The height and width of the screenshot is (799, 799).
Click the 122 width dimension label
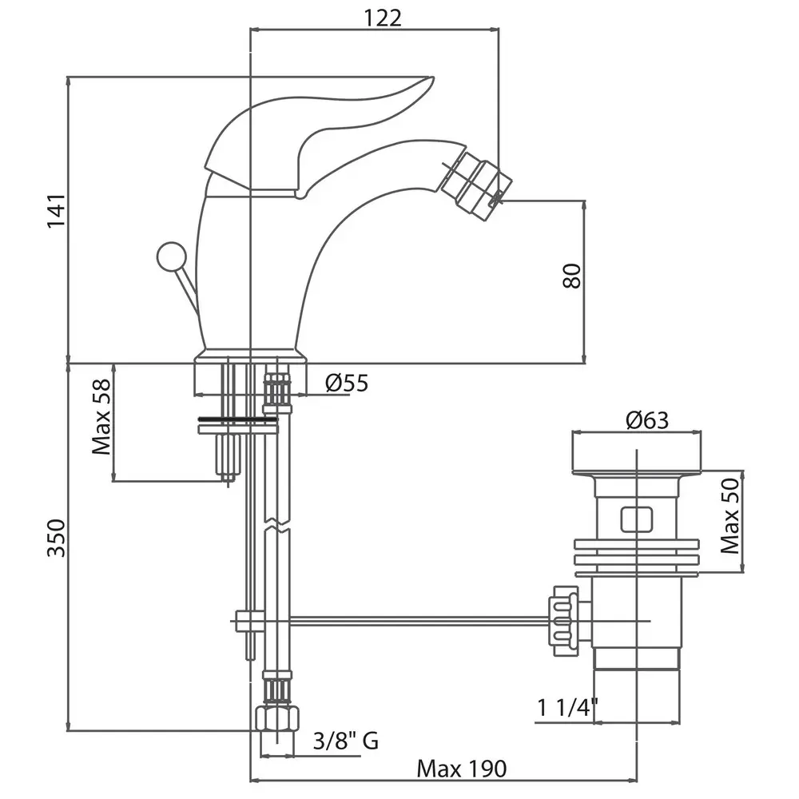coord(383,18)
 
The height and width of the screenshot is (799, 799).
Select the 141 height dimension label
coord(56,210)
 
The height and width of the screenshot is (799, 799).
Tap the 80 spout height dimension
coord(573,276)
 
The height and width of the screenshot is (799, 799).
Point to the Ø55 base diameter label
coord(347,383)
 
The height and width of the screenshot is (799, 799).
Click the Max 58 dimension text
coord(101,417)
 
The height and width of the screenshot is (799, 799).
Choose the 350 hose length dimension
coord(56,538)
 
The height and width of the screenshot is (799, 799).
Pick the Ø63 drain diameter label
coord(647,420)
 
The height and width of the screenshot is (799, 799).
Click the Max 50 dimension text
coord(730,515)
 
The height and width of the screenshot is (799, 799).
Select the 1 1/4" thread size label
coord(567,707)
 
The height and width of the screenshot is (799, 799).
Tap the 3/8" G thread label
coord(346,741)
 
